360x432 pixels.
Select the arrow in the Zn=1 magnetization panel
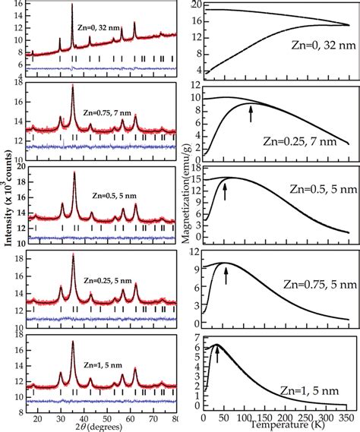217,354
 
